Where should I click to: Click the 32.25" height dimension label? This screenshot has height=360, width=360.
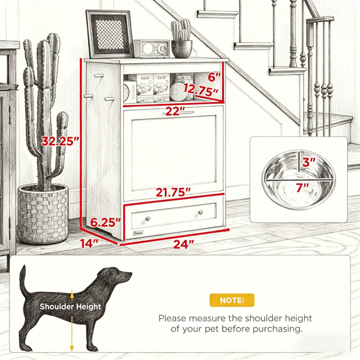point(61,141)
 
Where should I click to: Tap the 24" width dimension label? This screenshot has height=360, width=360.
point(184,244)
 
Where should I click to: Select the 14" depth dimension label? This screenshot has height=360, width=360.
point(89,244)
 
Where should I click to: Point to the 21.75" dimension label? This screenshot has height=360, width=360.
point(173,192)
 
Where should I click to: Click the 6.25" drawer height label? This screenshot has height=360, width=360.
point(106,222)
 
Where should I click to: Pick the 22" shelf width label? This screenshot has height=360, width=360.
point(175,112)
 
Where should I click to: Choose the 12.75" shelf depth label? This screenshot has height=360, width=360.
point(202,90)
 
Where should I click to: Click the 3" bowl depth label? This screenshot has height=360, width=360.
point(309,163)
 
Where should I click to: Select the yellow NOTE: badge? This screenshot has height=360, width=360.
point(232,300)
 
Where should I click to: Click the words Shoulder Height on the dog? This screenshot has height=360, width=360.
point(70,306)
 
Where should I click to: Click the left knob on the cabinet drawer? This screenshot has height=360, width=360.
point(148,218)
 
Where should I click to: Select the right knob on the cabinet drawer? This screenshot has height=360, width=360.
point(200,212)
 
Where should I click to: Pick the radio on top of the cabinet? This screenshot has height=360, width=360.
point(152,49)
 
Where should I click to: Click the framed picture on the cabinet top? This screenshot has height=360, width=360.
point(110,34)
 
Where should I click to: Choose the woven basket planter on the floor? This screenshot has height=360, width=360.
point(43,214)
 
